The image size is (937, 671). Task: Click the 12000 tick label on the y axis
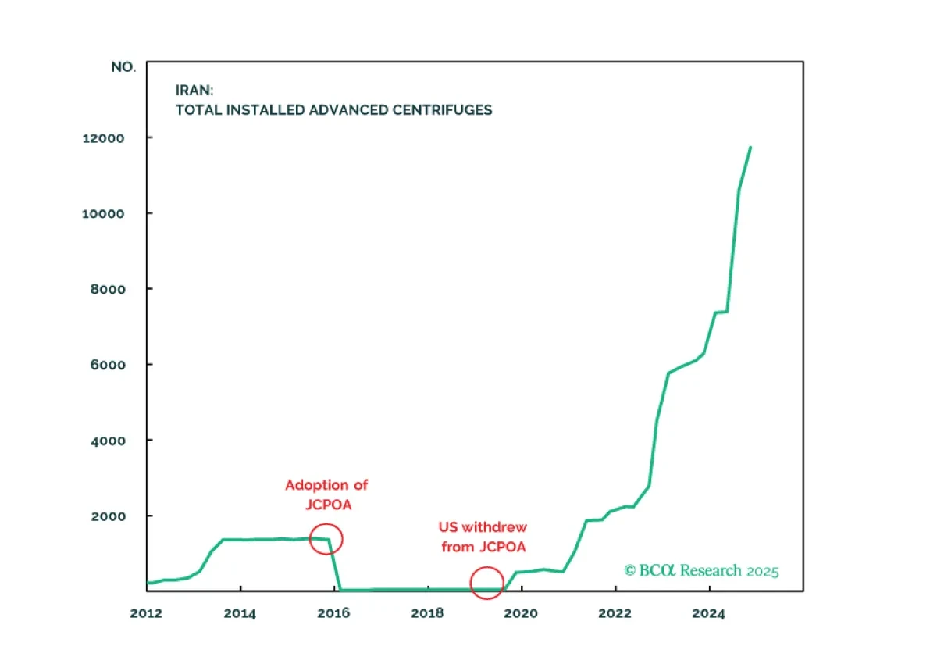tap(103, 138)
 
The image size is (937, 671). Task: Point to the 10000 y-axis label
tap(103, 214)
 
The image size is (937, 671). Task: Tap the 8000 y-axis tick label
tap(108, 289)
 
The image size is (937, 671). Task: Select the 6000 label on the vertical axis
tap(108, 365)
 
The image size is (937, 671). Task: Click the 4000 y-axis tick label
tap(108, 441)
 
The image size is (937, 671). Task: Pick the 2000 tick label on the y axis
tap(108, 516)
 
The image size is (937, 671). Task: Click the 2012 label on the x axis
tap(146, 614)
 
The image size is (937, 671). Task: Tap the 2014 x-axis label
tap(240, 614)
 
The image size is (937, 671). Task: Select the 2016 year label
tap(333, 614)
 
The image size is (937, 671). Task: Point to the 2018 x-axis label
tap(427, 614)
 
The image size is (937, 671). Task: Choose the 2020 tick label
tap(521, 614)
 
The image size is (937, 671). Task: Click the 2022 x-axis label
tap(615, 614)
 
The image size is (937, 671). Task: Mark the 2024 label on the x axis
tap(709, 614)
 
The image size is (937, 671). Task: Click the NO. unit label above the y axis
tap(123, 67)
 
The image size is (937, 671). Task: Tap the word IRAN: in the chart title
tap(194, 90)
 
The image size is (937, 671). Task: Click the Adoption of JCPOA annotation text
tap(326, 495)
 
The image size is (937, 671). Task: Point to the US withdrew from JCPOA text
tap(483, 537)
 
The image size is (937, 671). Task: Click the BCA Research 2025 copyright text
tap(701, 571)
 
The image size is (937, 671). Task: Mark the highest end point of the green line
tap(750, 148)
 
